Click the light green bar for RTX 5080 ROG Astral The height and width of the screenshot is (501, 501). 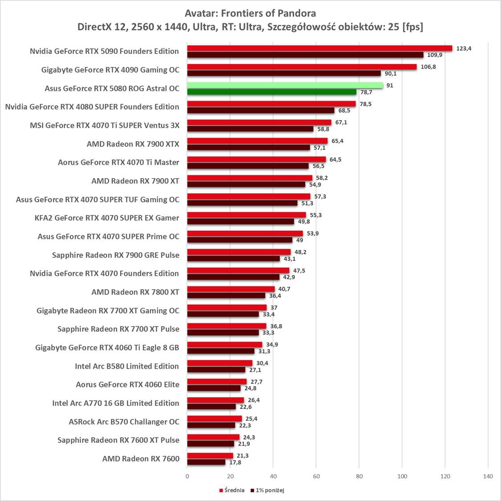point(285,85)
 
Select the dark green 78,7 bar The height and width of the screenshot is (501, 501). point(272,92)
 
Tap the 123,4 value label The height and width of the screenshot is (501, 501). point(464,48)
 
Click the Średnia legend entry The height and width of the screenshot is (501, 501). point(232,490)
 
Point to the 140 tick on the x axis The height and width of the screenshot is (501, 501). point(488,477)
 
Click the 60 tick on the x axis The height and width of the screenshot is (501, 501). point(316,477)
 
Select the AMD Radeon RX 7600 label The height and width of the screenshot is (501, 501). point(141,459)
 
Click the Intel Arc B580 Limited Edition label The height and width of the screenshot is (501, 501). point(127,366)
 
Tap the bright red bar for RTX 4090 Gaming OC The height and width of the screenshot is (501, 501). point(302,67)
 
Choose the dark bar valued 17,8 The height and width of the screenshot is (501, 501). point(206,462)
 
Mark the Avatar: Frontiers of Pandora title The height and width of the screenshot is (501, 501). point(250,13)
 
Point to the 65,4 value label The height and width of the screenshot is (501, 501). point(338,141)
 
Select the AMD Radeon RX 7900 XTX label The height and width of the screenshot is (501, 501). point(133,144)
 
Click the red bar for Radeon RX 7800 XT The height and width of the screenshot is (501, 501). point(231,289)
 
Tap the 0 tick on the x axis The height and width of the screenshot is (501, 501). point(187,477)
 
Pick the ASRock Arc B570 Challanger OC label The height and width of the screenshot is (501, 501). point(124,422)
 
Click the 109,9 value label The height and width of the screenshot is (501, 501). point(435,55)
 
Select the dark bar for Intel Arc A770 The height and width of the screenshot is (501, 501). point(212,407)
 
